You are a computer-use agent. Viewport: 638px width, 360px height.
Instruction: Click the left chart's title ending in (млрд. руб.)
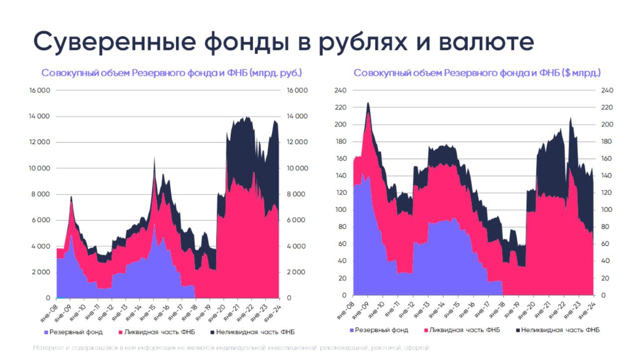coord(171,73)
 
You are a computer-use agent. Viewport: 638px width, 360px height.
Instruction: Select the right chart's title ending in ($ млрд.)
coord(477,73)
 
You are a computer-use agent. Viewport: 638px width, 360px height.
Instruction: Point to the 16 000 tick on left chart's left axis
coord(40,91)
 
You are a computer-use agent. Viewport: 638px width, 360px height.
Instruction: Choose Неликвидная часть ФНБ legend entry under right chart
coord(560,330)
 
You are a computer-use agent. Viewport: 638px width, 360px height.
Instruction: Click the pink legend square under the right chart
coord(426,330)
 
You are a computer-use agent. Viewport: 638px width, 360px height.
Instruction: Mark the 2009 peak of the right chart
coord(368,103)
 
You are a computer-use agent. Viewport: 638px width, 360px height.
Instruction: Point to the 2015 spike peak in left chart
coord(155,158)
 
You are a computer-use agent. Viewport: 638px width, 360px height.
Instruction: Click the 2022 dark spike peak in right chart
coord(570,118)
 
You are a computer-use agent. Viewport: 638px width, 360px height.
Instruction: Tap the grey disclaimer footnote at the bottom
coord(231,348)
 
